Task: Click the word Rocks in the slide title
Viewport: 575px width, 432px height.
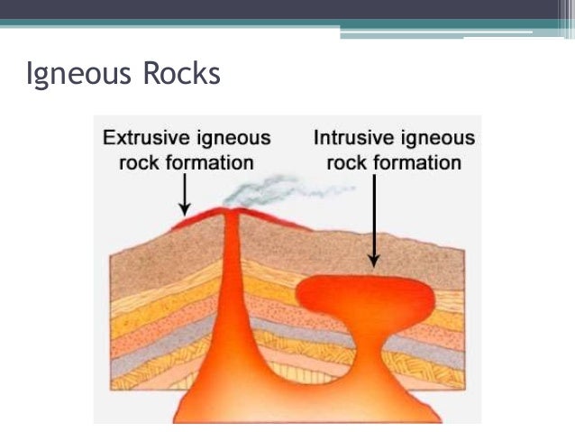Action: [x=181, y=73]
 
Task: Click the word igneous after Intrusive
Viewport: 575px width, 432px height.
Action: [x=439, y=139]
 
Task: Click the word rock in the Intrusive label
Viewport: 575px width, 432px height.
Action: [x=346, y=163]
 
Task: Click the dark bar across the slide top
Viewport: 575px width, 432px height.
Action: [x=287, y=9]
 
